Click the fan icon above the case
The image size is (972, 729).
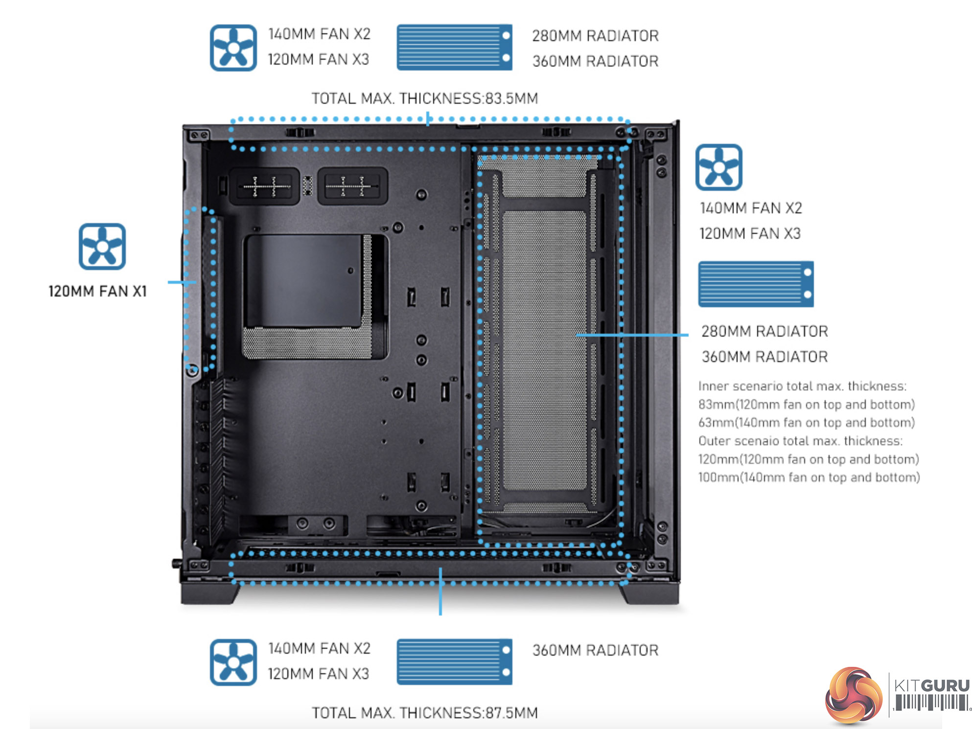233,48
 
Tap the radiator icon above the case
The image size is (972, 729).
454,47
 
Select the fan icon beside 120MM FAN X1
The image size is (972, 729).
102,247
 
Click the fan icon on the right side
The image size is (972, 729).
718,167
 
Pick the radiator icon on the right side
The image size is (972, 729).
756,284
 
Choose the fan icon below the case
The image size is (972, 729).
233,662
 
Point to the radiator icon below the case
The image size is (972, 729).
454,661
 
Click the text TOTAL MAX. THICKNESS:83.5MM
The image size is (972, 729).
425,99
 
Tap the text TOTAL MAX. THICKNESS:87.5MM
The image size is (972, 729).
425,713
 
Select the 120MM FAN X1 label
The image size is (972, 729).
97,292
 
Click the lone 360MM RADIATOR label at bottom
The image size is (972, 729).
595,650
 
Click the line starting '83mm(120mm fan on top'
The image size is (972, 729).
806,405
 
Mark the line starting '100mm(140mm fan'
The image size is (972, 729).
809,478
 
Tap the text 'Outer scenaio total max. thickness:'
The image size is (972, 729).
800,441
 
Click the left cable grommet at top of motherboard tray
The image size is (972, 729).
264,186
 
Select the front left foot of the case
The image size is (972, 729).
210,593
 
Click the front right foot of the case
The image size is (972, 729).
648,593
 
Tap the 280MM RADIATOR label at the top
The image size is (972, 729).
595,36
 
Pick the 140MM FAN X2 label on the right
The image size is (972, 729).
751,208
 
